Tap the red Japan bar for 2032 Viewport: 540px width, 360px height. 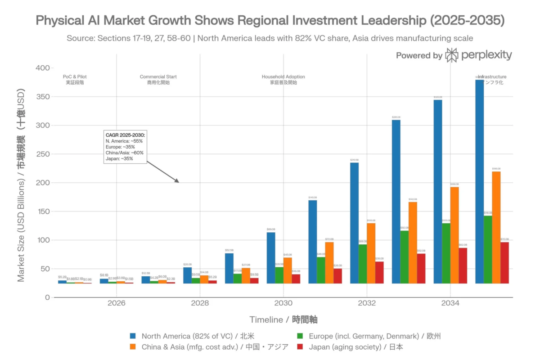(x=379, y=272)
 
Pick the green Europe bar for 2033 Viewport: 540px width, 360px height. (x=405, y=257)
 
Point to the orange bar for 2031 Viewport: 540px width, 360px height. (x=329, y=263)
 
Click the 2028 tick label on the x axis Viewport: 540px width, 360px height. (x=200, y=303)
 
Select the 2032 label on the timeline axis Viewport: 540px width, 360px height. (x=367, y=303)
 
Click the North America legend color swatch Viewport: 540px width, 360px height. (x=133, y=336)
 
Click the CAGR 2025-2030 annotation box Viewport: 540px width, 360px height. (x=125, y=147)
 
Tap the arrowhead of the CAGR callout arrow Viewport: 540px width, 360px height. (x=177, y=181)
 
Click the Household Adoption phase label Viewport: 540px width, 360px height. (x=283, y=80)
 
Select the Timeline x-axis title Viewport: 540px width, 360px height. (x=283, y=319)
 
